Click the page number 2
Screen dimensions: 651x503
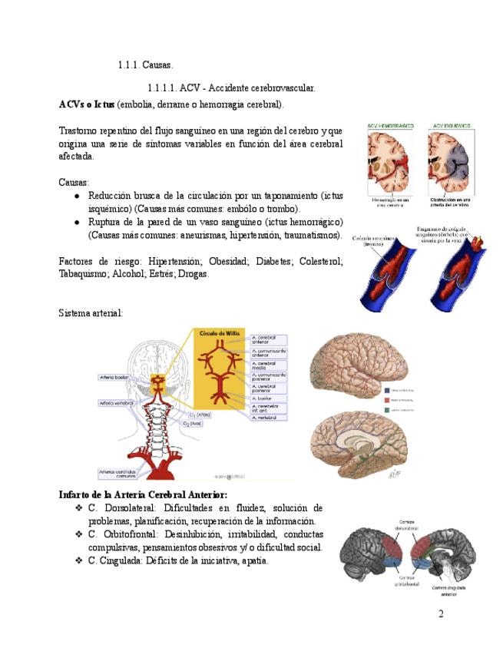441,613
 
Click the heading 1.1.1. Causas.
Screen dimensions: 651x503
145,66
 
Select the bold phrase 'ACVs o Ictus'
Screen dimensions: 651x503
87,104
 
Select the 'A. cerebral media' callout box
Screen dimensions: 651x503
268,365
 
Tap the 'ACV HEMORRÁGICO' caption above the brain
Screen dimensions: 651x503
391,126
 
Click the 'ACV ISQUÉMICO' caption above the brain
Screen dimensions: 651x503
452,126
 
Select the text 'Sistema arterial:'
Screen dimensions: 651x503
91,313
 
